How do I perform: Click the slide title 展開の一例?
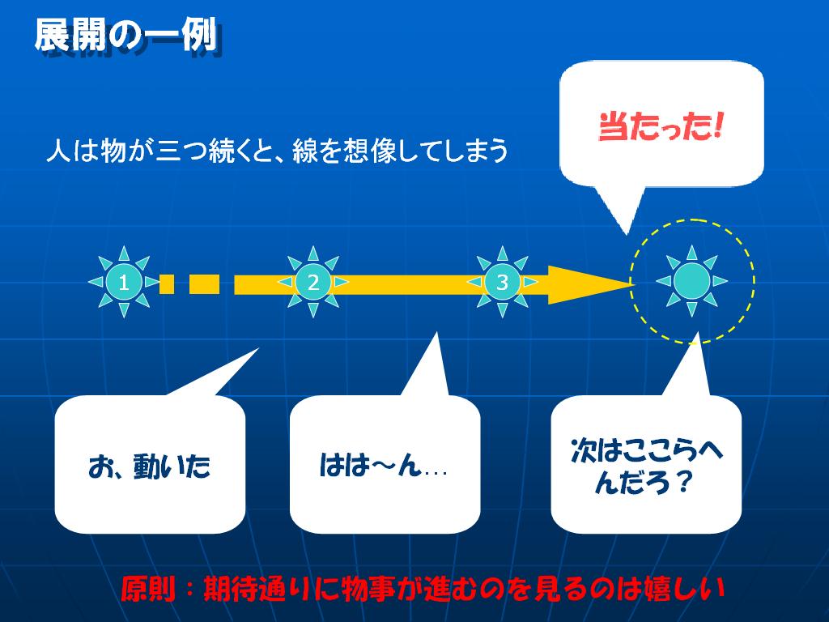(127, 35)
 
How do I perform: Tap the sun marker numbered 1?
(124, 282)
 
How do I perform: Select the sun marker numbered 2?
(313, 282)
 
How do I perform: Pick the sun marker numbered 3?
(502, 282)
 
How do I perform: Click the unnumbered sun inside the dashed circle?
(691, 281)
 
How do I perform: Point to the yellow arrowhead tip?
(634, 284)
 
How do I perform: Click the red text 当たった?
(661, 127)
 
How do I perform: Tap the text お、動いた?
(150, 466)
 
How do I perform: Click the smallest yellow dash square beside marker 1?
(167, 284)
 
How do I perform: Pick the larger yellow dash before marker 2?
(204, 284)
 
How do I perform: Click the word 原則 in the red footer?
(148, 589)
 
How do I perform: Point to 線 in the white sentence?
(304, 151)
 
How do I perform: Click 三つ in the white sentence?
(181, 151)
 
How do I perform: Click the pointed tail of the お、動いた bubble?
(258, 349)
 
